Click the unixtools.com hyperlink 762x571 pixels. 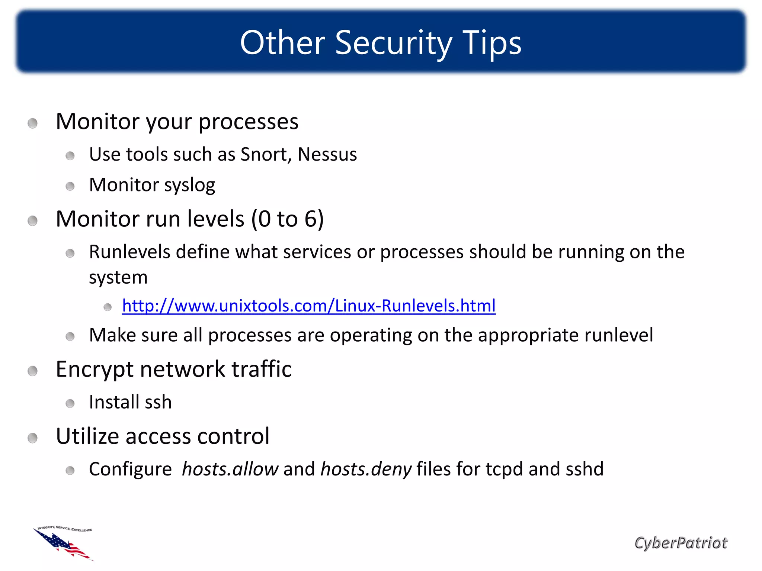pos(308,306)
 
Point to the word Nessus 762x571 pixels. pos(327,154)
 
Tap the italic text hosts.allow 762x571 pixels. pos(230,469)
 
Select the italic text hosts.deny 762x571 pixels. pos(366,469)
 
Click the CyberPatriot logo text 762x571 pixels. pos(681,543)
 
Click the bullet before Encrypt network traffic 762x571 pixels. pos(33,371)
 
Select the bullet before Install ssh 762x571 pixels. pos(70,403)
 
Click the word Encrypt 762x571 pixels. pos(95,370)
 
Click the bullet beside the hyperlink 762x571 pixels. pos(108,307)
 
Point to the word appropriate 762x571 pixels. pos(528,335)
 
